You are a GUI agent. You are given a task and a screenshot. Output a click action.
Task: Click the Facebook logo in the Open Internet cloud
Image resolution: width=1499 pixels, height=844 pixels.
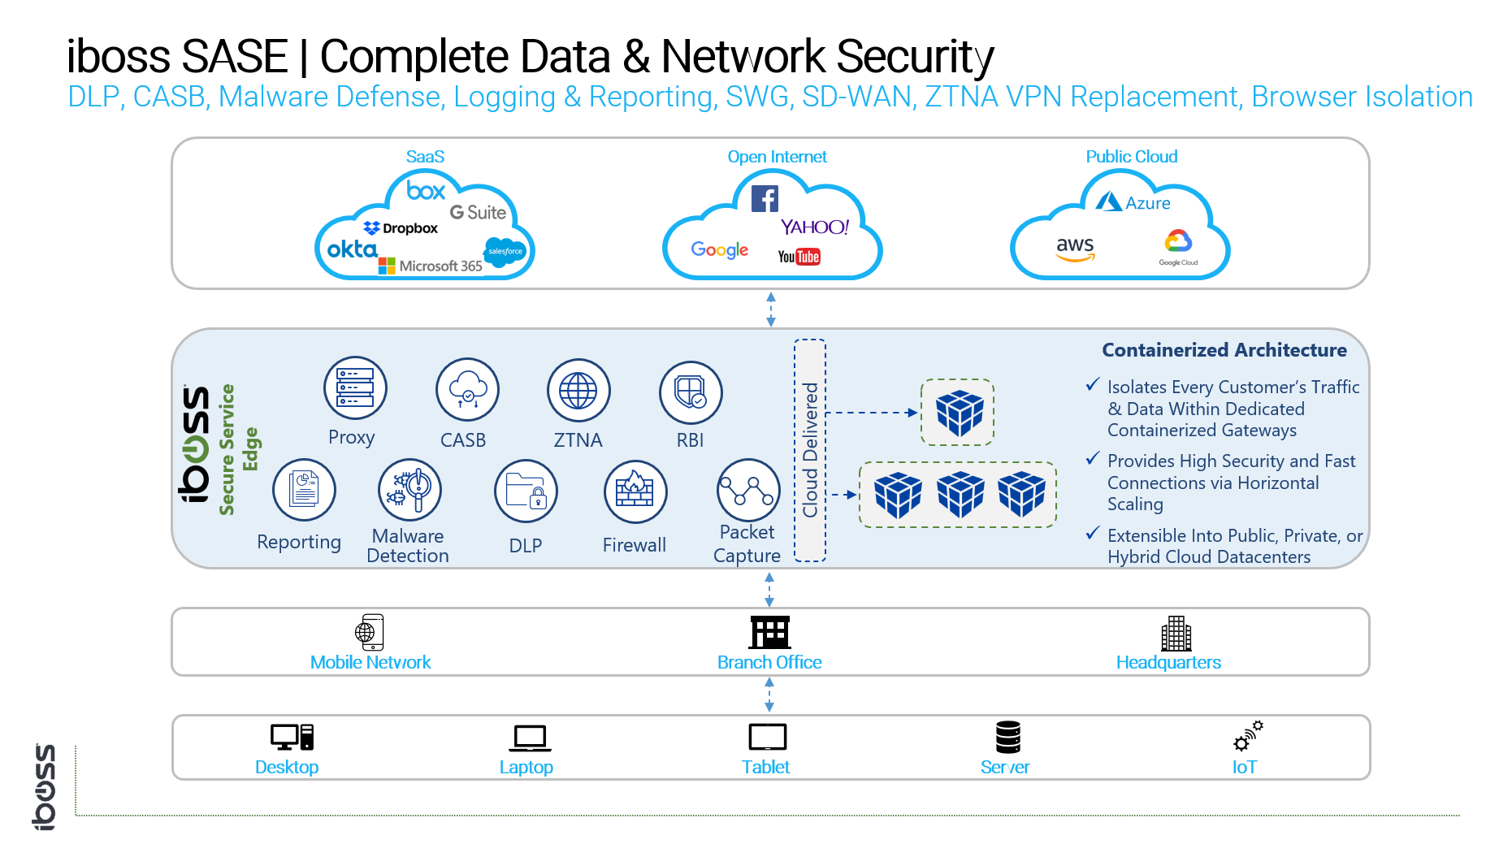(x=765, y=198)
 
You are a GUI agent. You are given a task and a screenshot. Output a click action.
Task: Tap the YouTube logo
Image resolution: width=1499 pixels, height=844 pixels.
(x=799, y=257)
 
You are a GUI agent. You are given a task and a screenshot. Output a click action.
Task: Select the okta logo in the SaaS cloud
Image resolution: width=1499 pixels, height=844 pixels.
(x=352, y=249)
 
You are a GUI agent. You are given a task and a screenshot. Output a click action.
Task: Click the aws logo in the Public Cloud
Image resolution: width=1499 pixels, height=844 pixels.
(x=1075, y=248)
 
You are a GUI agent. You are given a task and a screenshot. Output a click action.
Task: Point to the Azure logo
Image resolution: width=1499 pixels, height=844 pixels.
(x=1133, y=202)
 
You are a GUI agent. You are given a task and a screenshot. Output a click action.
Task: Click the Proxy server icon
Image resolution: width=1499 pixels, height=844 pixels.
(x=355, y=388)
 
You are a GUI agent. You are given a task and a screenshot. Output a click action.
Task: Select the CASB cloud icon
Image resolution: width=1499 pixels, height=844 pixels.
(x=467, y=390)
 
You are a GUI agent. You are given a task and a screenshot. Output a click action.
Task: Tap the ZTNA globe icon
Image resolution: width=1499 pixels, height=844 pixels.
(x=578, y=391)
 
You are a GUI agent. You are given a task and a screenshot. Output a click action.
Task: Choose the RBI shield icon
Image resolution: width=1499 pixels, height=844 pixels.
(x=691, y=392)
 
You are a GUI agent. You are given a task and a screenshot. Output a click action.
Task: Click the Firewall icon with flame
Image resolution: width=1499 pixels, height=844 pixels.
(x=635, y=491)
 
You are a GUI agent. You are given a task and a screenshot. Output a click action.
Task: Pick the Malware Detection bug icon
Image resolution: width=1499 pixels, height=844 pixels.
(x=409, y=490)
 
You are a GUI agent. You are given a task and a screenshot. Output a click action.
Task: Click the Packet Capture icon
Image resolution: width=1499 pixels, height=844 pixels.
(x=748, y=491)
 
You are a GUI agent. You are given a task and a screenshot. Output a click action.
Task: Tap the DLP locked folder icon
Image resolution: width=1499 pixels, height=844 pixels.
(x=526, y=491)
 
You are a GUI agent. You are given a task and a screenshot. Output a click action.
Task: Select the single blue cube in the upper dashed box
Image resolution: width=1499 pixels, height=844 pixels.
(x=959, y=413)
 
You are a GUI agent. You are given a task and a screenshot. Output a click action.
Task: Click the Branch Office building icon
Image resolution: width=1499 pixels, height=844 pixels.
(x=769, y=632)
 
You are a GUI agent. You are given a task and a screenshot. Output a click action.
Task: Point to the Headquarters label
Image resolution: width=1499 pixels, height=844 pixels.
(x=1168, y=663)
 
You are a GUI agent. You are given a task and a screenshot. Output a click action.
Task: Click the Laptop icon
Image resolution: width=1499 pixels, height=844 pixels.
(x=530, y=738)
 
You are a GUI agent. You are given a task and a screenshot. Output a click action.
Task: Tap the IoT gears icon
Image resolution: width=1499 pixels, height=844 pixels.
(x=1248, y=736)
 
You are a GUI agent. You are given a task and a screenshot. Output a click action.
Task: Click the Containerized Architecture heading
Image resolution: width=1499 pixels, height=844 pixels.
(x=1224, y=350)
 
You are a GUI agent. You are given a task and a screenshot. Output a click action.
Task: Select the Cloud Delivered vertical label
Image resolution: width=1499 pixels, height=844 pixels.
(x=810, y=450)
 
